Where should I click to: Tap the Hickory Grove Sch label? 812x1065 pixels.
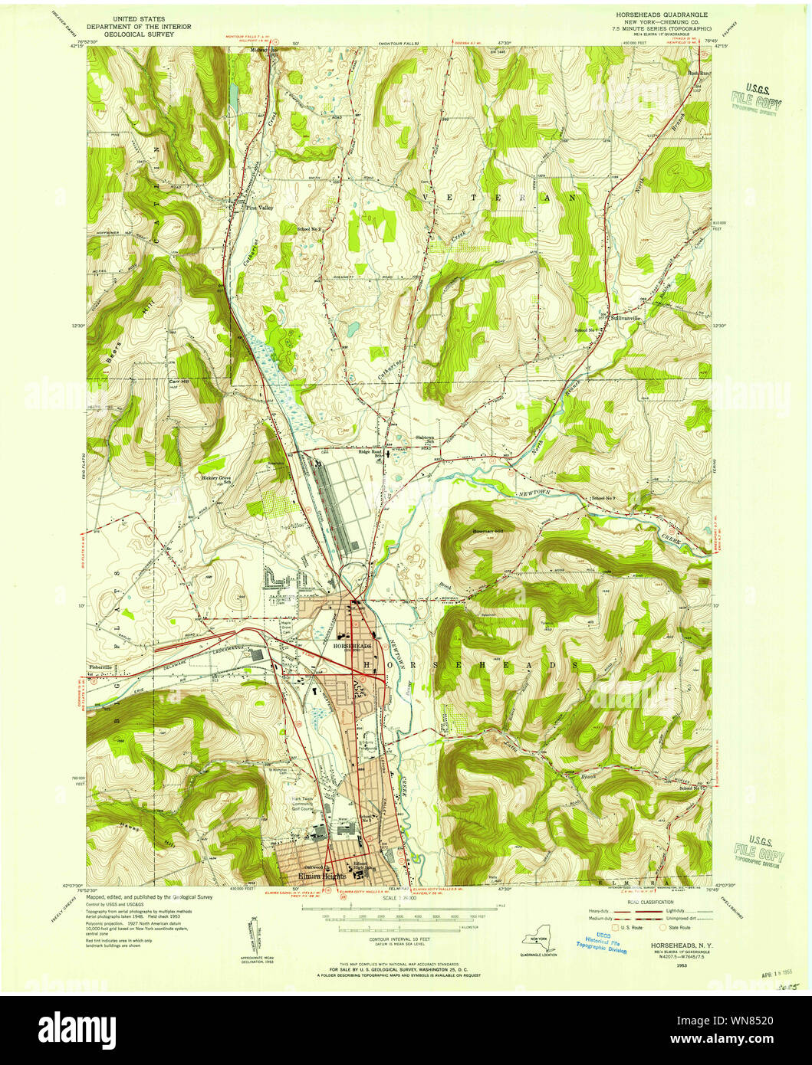216,480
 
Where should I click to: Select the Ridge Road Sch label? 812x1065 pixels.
370,452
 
